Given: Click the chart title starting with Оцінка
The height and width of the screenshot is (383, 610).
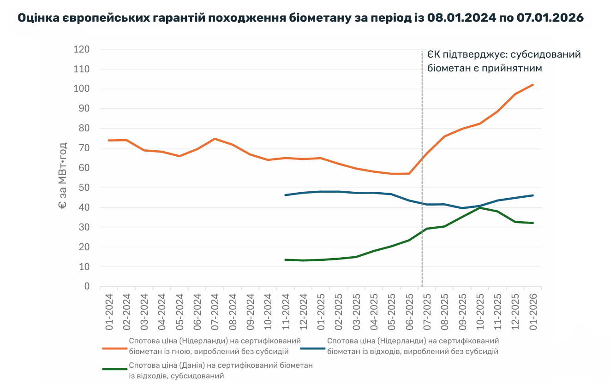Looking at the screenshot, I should [300, 18].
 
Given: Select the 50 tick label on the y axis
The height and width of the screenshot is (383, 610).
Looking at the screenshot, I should [84, 188].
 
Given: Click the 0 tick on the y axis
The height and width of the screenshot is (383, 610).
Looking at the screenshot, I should [86, 286].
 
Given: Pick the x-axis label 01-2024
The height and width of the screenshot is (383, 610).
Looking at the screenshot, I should [109, 311].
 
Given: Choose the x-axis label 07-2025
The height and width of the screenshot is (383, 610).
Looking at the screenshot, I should [427, 311].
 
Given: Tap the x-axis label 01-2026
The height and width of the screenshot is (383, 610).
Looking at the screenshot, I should [533, 311].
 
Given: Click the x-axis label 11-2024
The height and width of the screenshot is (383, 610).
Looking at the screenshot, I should [286, 311].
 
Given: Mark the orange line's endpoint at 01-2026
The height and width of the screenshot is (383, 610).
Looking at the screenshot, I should [533, 85].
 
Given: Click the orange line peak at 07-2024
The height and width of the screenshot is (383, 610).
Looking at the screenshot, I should [215, 139].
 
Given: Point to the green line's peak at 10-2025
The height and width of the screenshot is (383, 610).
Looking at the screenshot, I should [480, 208].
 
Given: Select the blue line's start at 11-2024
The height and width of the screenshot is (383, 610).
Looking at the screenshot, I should [286, 195].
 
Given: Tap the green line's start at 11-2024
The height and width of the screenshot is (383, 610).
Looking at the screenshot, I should [286, 259].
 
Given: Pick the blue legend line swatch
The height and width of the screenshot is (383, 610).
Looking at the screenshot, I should [312, 348].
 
